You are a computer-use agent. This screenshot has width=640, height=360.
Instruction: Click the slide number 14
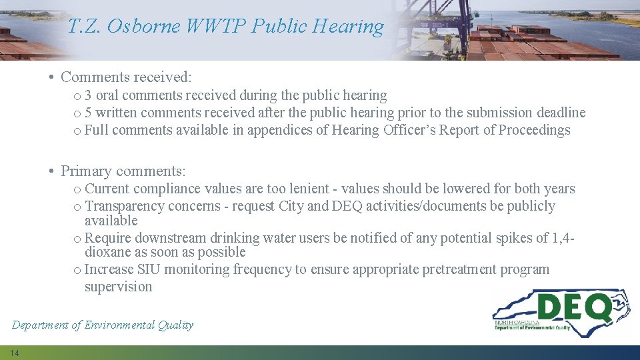click(14, 353)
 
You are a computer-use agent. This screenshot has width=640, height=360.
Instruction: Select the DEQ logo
click(561, 312)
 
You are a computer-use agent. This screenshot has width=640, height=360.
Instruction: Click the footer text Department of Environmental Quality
click(103, 325)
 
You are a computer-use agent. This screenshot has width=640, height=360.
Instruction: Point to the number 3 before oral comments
click(89, 95)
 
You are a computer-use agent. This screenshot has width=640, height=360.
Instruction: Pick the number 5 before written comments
click(89, 113)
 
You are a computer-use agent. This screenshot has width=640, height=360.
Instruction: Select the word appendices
click(279, 130)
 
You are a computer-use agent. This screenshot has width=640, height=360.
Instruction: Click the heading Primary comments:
click(123, 171)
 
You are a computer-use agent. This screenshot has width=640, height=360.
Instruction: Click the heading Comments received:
click(126, 77)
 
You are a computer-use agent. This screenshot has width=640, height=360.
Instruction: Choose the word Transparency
click(125, 206)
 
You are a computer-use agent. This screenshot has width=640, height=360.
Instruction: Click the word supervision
click(118, 287)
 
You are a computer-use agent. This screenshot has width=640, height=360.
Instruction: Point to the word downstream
click(169, 238)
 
